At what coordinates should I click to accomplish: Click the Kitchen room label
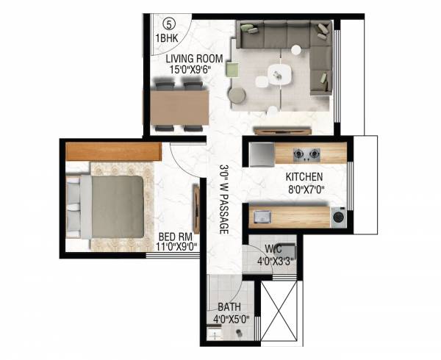coord(304,177)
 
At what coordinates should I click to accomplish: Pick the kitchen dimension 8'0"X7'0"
coord(304,189)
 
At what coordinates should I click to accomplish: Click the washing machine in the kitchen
coord(338,217)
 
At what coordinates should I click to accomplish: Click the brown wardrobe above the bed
coord(113,151)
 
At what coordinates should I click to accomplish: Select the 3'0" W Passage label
coord(224,199)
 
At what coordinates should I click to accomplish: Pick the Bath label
coord(228,308)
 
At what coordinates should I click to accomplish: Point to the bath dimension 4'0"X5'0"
coord(229,320)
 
